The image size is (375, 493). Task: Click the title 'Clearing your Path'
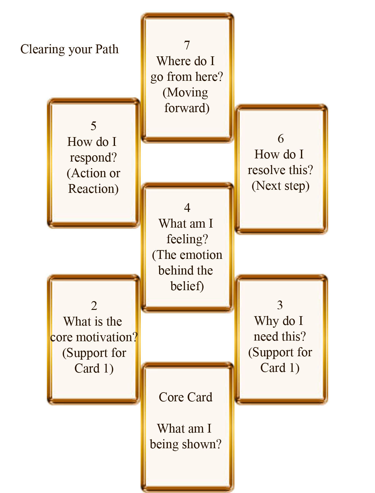click(x=69, y=49)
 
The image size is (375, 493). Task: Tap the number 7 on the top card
click(x=187, y=45)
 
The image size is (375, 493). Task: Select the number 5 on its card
click(x=93, y=126)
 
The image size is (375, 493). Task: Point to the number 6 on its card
click(x=281, y=139)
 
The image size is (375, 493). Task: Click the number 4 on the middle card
click(x=187, y=208)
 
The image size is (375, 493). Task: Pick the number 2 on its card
click(x=94, y=306)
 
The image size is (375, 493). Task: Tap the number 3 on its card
click(x=280, y=305)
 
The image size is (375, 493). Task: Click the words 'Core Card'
click(x=186, y=397)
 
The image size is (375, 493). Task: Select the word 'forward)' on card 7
click(x=187, y=108)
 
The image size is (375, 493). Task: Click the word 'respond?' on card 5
click(x=93, y=157)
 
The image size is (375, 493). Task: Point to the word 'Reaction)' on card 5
click(x=93, y=189)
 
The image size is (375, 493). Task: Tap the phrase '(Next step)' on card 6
click(x=280, y=186)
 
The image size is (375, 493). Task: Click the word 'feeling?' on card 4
click(x=187, y=239)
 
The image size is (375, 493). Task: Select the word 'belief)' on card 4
click(x=187, y=286)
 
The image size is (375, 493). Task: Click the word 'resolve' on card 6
click(x=267, y=170)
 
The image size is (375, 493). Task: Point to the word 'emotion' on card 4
click(x=201, y=255)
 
